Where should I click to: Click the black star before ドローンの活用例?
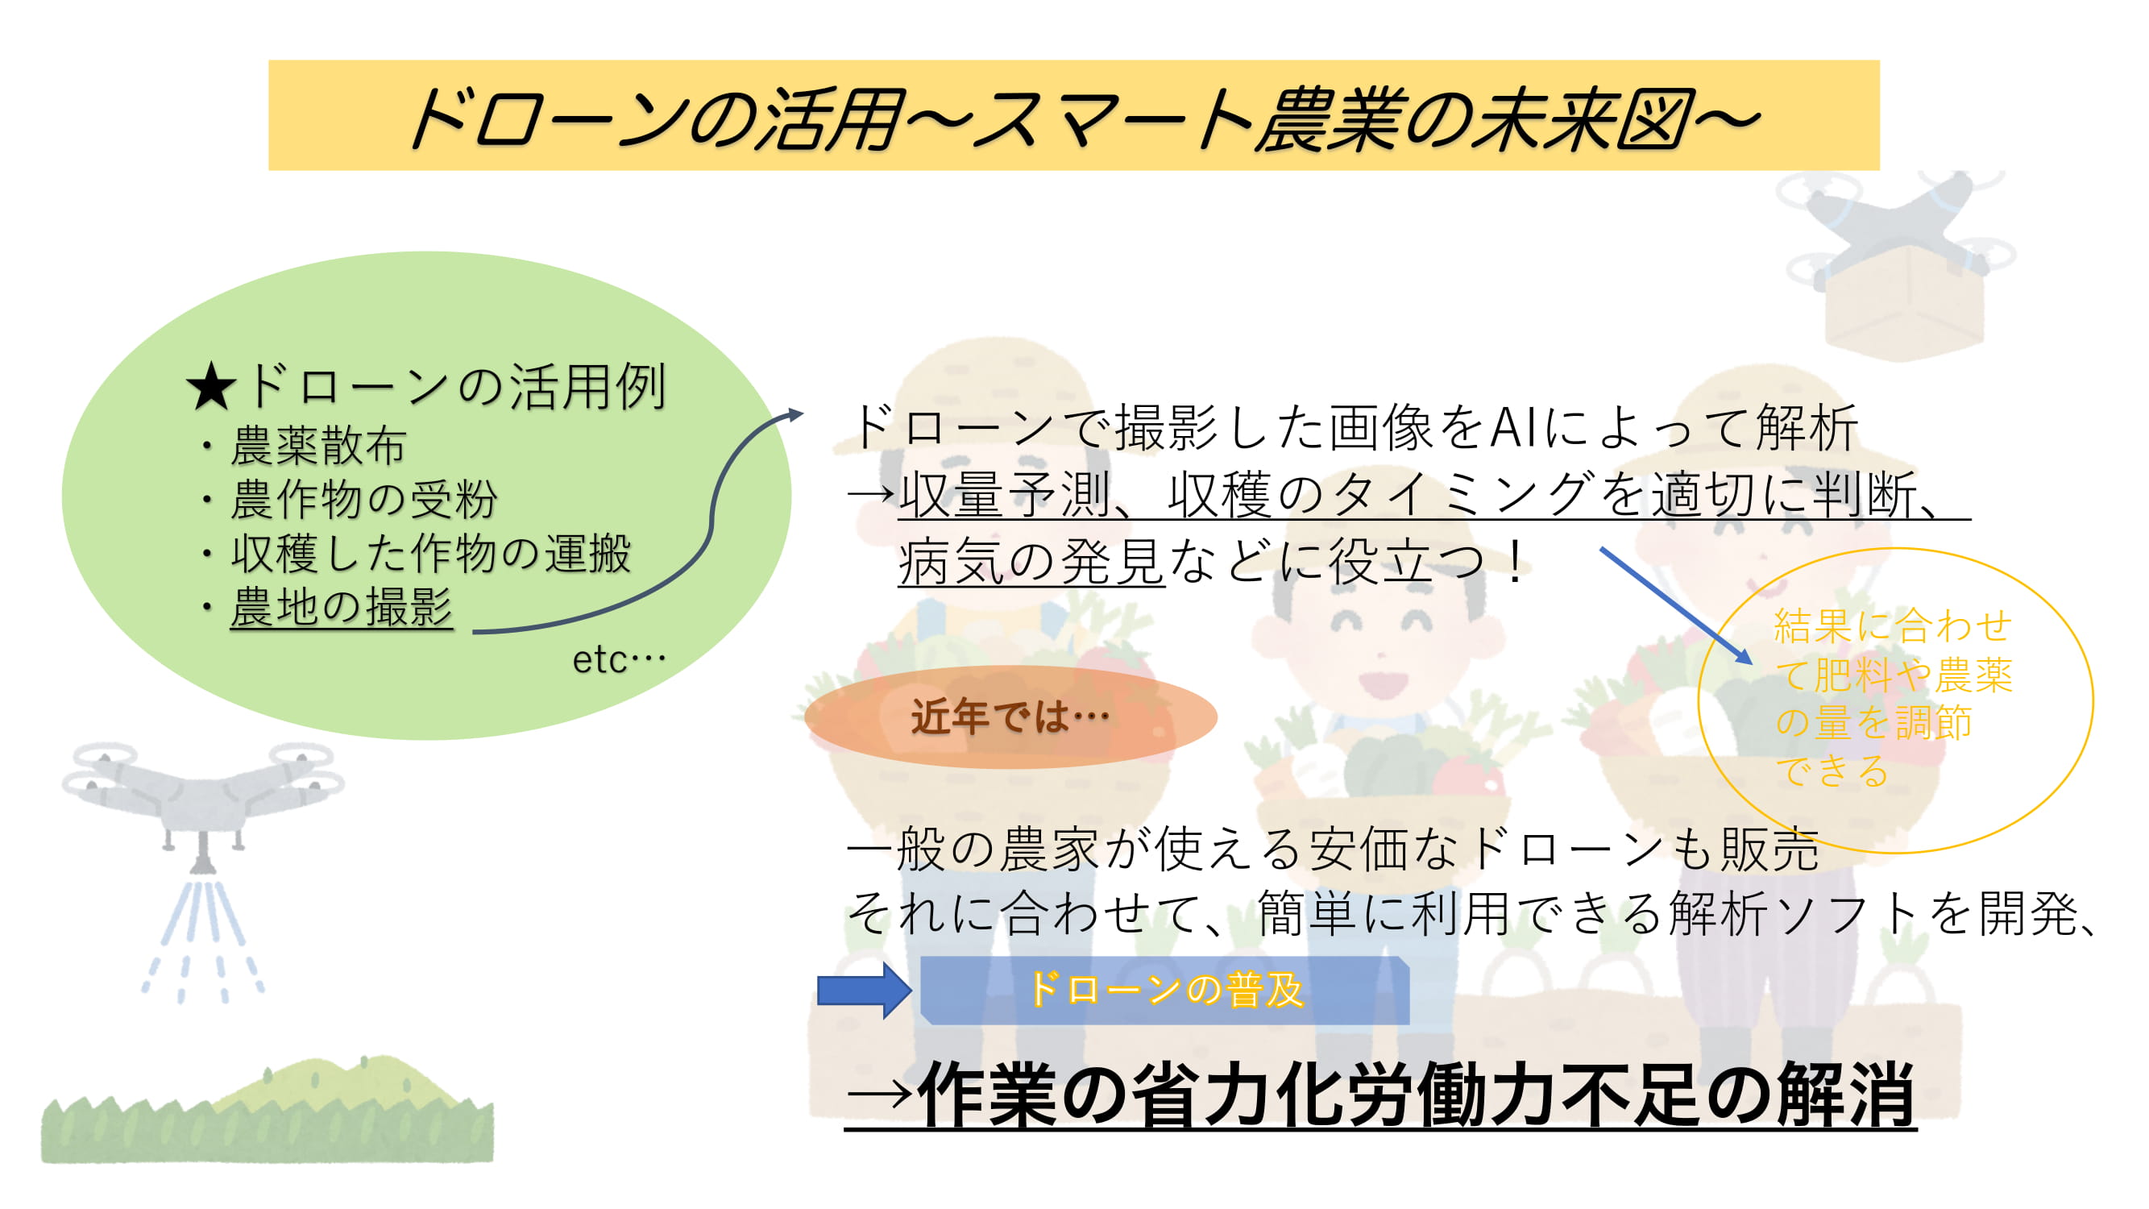[211, 387]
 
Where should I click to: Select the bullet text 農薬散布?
[318, 445]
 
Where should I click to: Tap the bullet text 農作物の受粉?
[363, 499]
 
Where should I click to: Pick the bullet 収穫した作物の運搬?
[430, 553]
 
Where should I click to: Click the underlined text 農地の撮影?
[341, 607]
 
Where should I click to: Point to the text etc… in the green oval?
[619, 659]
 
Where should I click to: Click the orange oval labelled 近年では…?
[1010, 716]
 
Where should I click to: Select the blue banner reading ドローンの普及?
[1164, 991]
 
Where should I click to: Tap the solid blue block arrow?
[865, 991]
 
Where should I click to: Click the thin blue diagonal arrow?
[1676, 606]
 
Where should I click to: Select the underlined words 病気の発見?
[1031, 562]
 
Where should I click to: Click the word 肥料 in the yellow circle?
[1852, 674]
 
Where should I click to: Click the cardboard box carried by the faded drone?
[1905, 307]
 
